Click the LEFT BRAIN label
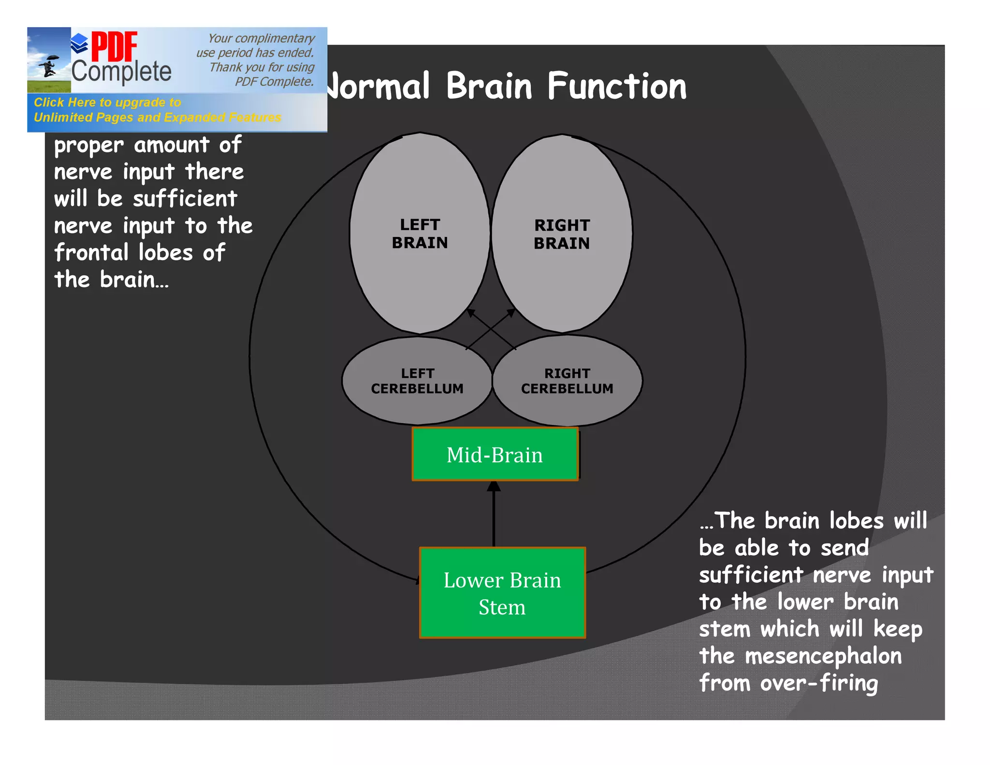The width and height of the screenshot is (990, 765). [420, 234]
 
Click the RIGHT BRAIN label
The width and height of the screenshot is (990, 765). [562, 235]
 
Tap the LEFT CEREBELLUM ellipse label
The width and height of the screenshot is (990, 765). [417, 381]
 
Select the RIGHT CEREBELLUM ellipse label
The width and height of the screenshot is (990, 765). [567, 381]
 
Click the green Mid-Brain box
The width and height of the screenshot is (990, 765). [495, 455]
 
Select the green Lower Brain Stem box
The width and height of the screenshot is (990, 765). [502, 593]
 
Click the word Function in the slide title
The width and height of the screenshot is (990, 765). [616, 87]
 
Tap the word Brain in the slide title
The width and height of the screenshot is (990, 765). [489, 87]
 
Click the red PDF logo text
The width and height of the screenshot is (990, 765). [114, 47]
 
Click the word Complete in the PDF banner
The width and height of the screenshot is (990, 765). [121, 72]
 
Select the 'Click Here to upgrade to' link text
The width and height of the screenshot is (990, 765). [107, 103]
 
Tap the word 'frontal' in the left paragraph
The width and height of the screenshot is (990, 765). [91, 252]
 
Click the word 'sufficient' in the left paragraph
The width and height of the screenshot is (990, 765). [185, 199]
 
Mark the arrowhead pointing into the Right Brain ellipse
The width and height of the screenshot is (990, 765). [511, 312]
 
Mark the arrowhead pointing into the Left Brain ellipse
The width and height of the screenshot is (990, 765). [470, 312]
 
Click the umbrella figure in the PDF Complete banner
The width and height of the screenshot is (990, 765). [49, 66]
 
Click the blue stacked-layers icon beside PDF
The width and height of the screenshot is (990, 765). [79, 44]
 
